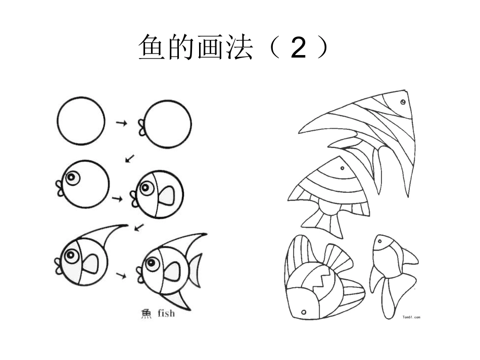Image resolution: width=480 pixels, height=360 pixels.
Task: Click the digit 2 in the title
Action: pyautogui.click(x=299, y=47)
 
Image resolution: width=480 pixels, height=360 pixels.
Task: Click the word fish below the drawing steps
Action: pyautogui.click(x=166, y=313)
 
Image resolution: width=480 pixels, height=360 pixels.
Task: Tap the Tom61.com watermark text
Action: pyautogui.click(x=411, y=317)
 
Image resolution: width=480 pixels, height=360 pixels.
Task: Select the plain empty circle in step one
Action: pyautogui.click(x=81, y=98)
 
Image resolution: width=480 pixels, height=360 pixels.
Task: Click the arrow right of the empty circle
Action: pyautogui.click(x=122, y=123)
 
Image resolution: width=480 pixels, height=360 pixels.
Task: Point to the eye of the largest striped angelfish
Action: pyautogui.click(x=403, y=101)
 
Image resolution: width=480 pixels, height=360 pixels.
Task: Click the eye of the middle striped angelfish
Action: pyautogui.click(x=342, y=168)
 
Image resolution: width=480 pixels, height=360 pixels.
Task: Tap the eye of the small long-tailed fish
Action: pyautogui.click(x=380, y=241)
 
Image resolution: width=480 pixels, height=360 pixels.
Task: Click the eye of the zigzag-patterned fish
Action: pyautogui.click(x=304, y=312)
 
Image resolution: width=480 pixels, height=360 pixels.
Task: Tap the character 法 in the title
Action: pyautogui.click(x=239, y=47)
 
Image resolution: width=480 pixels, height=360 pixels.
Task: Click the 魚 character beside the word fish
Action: pyautogui.click(x=146, y=314)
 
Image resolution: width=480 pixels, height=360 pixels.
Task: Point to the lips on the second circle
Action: pyautogui.click(x=142, y=128)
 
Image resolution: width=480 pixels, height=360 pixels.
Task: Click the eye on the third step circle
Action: pyautogui.click(x=72, y=177)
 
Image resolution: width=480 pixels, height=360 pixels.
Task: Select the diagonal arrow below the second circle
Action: pyautogui.click(x=130, y=159)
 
